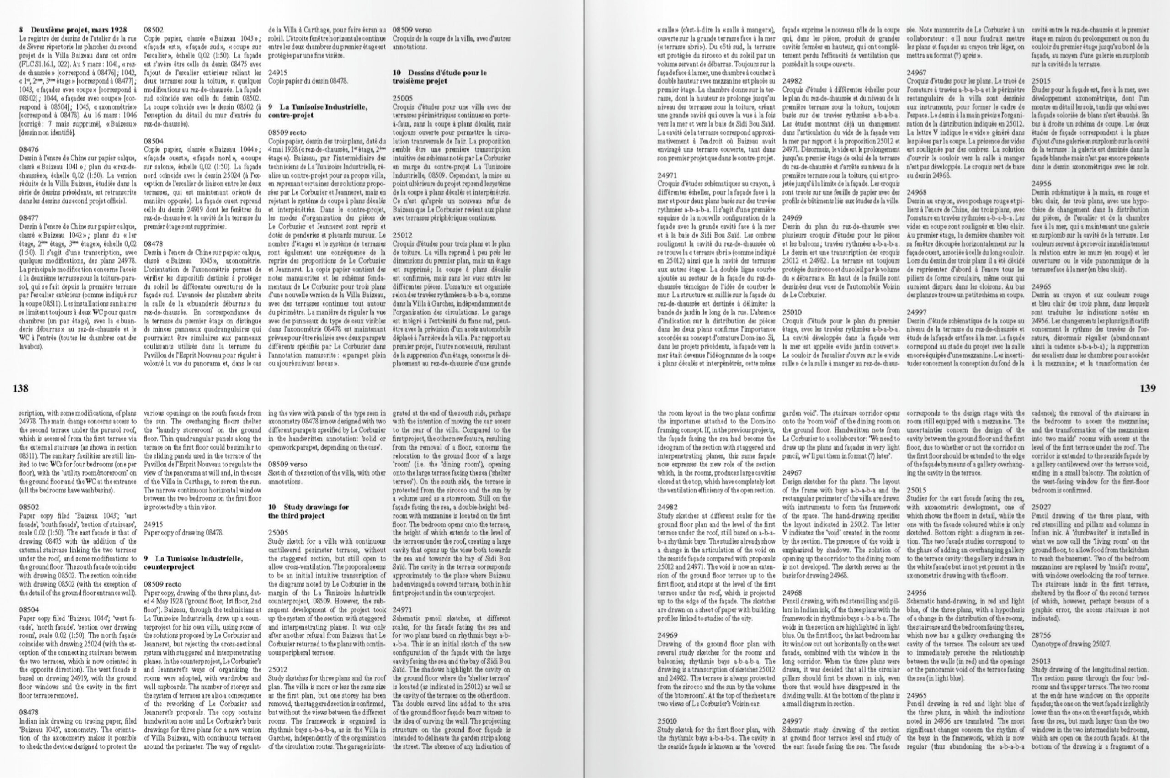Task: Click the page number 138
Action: click(x=21, y=388)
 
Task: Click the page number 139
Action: click(x=1147, y=388)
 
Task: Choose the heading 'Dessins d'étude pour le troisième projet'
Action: click(x=439, y=76)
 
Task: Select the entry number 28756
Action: click(x=1042, y=635)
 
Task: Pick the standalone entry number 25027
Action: click(x=1042, y=507)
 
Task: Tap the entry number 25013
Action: click(x=1042, y=661)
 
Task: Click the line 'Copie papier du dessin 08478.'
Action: click(x=308, y=80)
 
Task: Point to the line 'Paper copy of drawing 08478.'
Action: click(x=184, y=532)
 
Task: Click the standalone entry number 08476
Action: click(x=29, y=149)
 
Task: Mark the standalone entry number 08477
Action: click(x=29, y=217)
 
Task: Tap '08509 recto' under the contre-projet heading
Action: click(x=287, y=132)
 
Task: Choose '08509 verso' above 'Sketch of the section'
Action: click(x=287, y=464)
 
